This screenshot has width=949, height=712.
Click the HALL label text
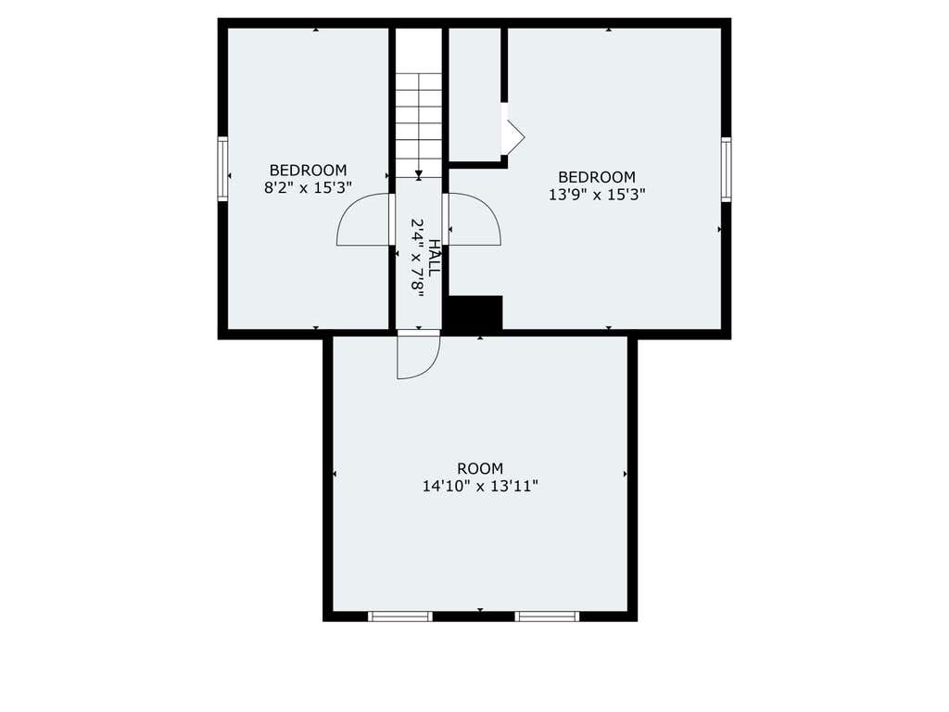[435, 258]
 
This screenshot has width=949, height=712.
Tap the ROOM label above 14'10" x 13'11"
[480, 468]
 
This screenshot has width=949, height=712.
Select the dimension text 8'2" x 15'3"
[308, 187]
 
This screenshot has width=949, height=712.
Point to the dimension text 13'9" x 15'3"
[597, 195]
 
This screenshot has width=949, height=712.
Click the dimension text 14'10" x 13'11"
[480, 486]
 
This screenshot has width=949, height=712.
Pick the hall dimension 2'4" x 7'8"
[418, 258]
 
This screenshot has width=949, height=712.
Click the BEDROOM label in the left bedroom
[308, 171]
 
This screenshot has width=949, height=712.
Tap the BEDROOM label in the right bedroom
[597, 177]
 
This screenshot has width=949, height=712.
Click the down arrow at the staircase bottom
[419, 175]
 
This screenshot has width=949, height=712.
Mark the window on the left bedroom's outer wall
[222, 169]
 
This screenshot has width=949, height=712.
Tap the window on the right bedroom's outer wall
[726, 169]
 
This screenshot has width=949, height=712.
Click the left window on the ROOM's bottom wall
[400, 617]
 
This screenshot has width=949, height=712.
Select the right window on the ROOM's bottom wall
[547, 617]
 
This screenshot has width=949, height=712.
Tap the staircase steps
[419, 125]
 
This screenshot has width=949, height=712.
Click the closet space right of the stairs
[474, 94]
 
